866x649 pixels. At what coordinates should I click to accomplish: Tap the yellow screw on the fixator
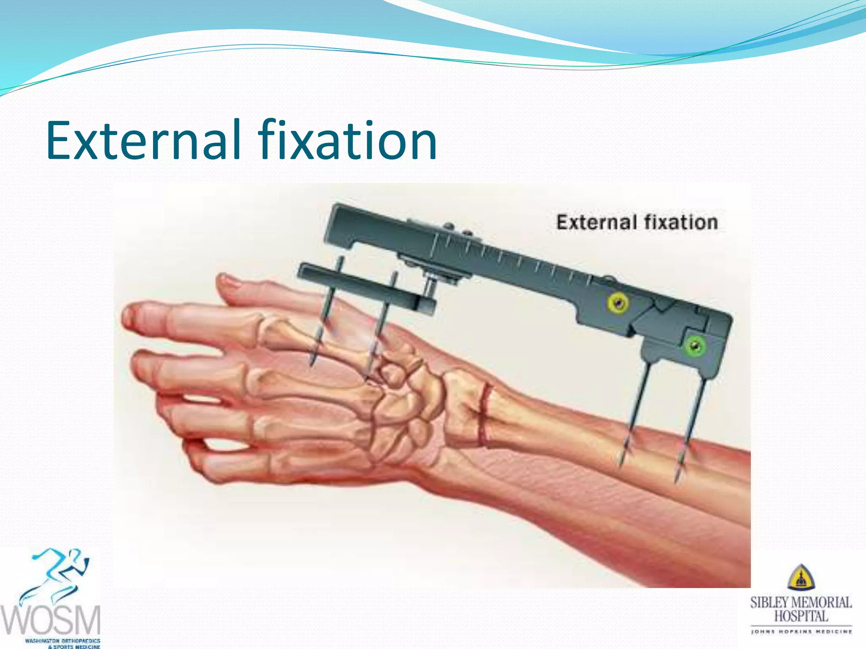click(618, 303)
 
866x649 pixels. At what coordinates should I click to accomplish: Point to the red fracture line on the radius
click(484, 416)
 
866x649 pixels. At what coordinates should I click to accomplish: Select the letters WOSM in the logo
click(51, 620)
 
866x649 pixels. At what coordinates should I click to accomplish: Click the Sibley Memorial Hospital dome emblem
click(801, 578)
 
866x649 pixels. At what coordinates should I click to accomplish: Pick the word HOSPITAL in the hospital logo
click(801, 616)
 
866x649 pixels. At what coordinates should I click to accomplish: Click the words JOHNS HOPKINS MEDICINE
click(801, 632)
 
